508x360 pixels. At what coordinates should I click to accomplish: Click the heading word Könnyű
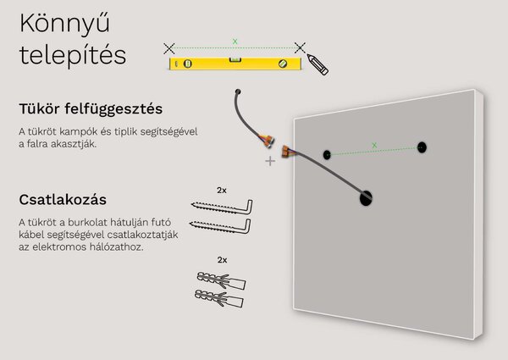[x=65, y=25]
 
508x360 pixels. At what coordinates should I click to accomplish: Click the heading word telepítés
[x=73, y=55]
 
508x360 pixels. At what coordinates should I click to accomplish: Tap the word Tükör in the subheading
[x=40, y=108]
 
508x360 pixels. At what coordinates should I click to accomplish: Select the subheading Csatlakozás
[x=63, y=200]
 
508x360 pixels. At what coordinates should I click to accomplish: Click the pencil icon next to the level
[x=317, y=65]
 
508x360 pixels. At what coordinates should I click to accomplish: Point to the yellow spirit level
[x=235, y=64]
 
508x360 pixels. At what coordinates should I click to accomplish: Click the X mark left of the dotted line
[x=169, y=48]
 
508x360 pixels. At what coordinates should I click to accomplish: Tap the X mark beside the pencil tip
[x=300, y=47]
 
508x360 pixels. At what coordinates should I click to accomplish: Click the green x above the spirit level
[x=235, y=42]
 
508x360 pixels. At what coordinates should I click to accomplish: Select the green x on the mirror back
[x=374, y=145]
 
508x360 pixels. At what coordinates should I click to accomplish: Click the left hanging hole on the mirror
[x=327, y=155]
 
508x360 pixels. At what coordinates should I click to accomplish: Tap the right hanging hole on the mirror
[x=422, y=147]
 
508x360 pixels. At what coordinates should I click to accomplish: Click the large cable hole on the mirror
[x=366, y=198]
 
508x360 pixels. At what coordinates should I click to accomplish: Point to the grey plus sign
[x=270, y=161]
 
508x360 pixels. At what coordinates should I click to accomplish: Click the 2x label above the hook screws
[x=222, y=191]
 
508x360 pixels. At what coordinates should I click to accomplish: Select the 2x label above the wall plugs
[x=222, y=260]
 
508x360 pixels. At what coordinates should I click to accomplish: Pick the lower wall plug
[x=219, y=299]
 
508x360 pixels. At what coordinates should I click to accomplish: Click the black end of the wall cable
[x=238, y=91]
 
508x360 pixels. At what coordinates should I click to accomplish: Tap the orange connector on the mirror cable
[x=286, y=152]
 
